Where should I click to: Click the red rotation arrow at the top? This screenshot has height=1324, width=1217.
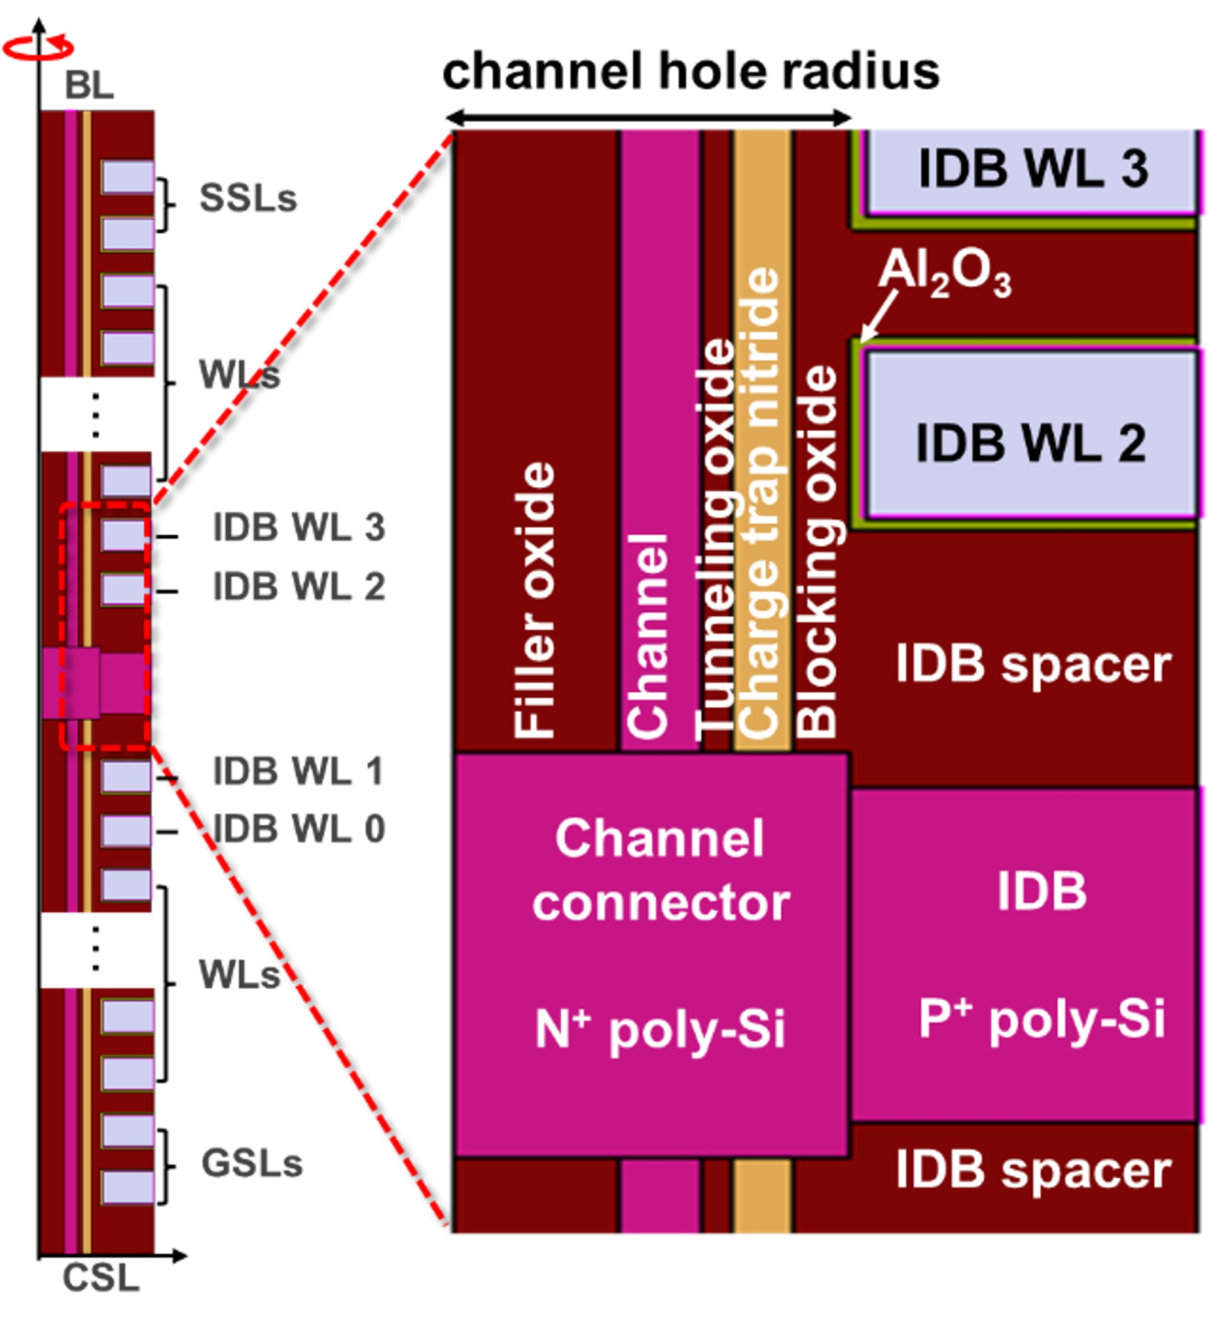coord(38,47)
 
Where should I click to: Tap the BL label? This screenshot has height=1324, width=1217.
coord(90,86)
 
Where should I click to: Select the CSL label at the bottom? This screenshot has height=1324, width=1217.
coord(101,1278)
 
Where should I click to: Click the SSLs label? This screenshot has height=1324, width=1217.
coord(248,197)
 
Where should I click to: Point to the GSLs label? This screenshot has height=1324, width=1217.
coord(253,1162)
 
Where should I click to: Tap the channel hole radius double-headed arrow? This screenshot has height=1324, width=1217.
coord(649,119)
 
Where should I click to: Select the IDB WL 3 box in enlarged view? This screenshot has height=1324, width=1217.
coord(1032,170)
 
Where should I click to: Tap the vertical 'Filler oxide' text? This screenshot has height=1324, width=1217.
coord(534,599)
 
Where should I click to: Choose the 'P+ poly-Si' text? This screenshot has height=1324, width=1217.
coord(1042,1018)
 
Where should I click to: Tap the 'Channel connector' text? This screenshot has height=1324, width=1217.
coord(661,869)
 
